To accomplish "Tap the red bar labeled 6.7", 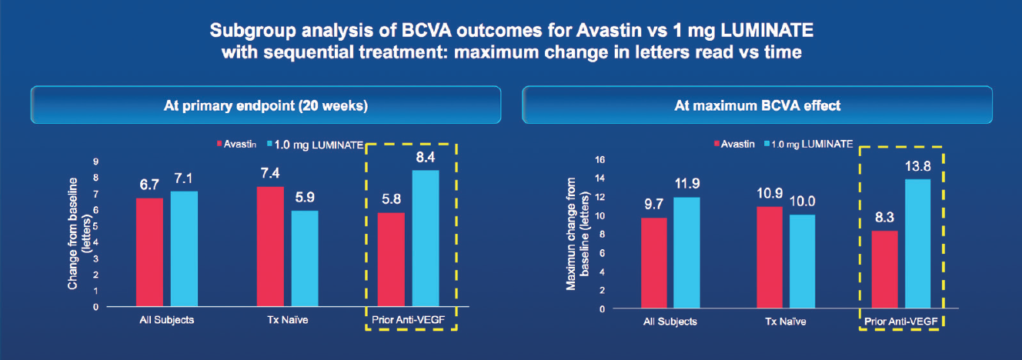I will (149, 252).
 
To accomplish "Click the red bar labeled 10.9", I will (748, 257).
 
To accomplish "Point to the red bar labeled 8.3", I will (883, 269).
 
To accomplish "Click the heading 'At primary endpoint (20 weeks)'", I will (266, 105).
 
